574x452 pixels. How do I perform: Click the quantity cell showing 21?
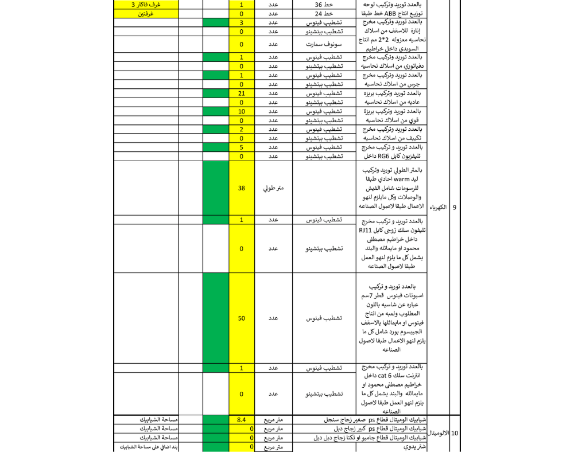point(241,93)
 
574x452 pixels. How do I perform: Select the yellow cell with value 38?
point(241,188)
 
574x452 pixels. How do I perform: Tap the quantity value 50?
point(241,318)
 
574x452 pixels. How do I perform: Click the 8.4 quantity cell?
point(241,420)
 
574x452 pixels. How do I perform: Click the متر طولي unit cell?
point(274,188)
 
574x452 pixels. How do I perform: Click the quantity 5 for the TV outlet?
point(241,147)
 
